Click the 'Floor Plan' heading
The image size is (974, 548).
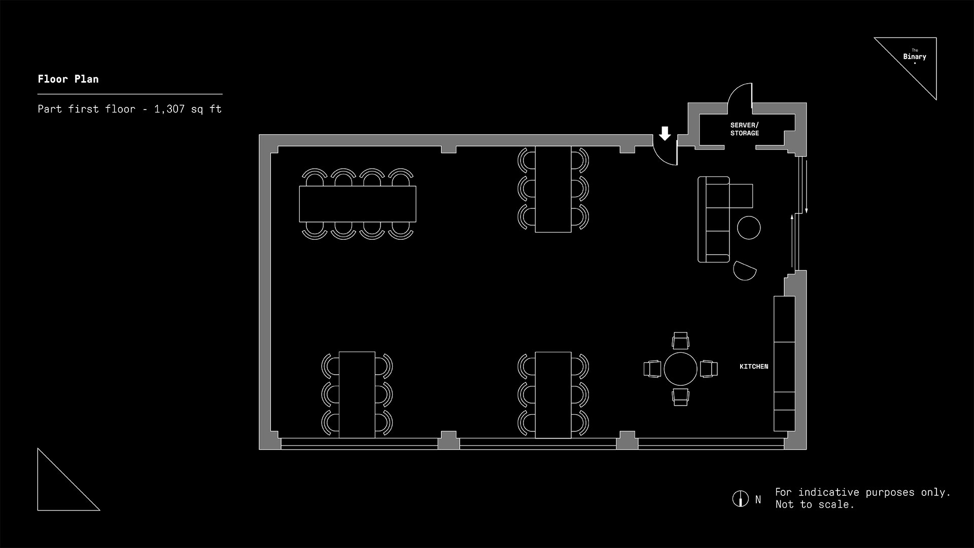point(68,79)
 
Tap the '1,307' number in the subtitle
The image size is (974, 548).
point(169,109)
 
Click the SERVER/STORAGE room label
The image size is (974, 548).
point(744,129)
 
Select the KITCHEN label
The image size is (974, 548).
point(753,367)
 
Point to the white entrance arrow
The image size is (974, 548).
point(665,133)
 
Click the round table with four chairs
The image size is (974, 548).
point(680,369)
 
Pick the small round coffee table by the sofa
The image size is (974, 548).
point(748,228)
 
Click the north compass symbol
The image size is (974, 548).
point(740,499)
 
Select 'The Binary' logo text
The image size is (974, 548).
point(914,56)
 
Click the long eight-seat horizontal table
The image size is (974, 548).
point(357,204)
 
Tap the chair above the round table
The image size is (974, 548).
point(680,340)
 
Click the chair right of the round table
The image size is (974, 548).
point(709,369)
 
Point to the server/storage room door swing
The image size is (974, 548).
point(740,96)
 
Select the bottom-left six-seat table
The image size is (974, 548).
point(357,394)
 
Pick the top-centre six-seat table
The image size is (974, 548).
point(553,189)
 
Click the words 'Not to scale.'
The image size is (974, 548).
point(814,504)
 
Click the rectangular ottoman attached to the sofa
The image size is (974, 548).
point(741,196)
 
